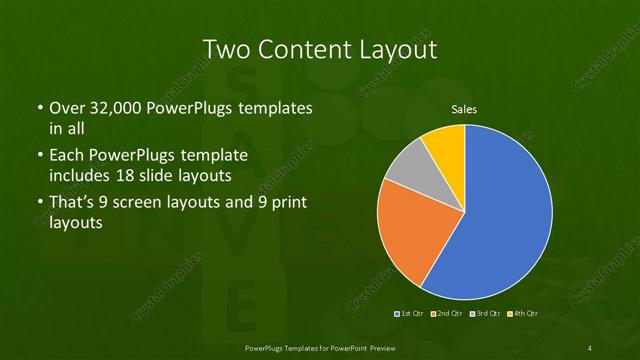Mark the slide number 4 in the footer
591,348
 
